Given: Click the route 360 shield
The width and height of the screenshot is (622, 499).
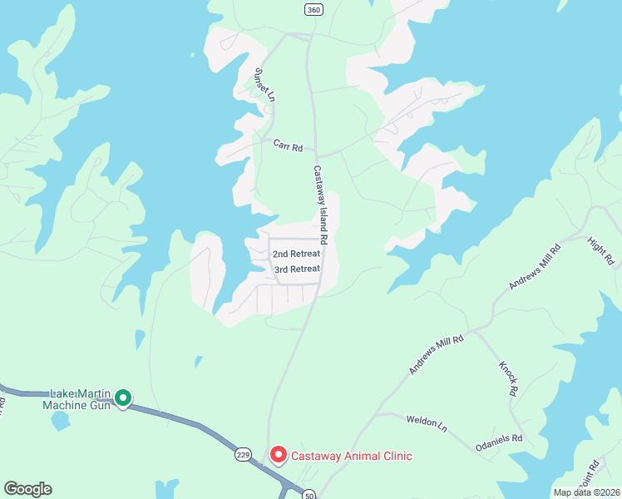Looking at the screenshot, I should point(313,10).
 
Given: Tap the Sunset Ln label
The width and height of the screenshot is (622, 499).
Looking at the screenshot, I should point(264,84).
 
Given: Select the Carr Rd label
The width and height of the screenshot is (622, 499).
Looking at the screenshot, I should point(288,145).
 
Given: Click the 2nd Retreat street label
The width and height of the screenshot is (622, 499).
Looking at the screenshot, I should point(296,253).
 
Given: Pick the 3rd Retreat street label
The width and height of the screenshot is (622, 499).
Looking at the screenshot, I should point(297,269).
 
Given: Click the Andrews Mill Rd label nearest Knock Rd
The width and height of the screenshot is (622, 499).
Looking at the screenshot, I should point(436,352).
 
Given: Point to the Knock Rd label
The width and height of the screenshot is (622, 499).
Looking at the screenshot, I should point(508,378).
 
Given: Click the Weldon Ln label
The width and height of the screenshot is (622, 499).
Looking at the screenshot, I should point(427,422).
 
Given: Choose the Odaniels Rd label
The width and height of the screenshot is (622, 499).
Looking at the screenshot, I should point(499,438).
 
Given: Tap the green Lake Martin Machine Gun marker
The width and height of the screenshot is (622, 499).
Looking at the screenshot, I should point(123,399).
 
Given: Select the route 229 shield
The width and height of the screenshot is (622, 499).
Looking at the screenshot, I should point(243,454).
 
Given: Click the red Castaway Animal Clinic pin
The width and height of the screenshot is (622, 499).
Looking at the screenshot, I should point(278,455).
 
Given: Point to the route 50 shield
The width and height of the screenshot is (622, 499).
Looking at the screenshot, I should point(309,493).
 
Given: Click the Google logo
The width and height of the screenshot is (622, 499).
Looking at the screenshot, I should point(27,489).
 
